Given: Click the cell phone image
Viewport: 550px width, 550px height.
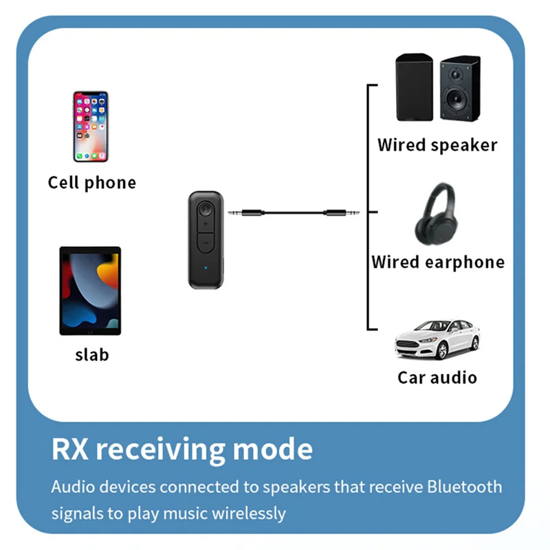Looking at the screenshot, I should (x=91, y=126).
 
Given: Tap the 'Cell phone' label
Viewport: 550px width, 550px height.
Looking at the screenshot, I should (x=92, y=183).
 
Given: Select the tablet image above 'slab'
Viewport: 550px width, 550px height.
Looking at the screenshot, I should (x=90, y=291).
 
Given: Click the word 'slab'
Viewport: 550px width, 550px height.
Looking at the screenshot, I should (x=91, y=355).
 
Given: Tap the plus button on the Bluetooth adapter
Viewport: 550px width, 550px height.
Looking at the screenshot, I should (x=205, y=225).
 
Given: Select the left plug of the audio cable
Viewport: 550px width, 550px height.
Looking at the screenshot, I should (x=242, y=214).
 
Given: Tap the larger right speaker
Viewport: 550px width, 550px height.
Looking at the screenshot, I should (x=459, y=90).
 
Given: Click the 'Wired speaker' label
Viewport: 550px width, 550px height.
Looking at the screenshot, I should (x=437, y=145).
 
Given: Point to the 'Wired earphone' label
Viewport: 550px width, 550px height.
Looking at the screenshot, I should (x=438, y=262).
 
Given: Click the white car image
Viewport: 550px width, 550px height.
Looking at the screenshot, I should (x=437, y=339).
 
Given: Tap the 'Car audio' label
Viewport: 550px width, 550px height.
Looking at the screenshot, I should (x=437, y=377).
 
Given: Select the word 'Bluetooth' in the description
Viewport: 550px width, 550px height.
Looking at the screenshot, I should (x=465, y=487).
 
